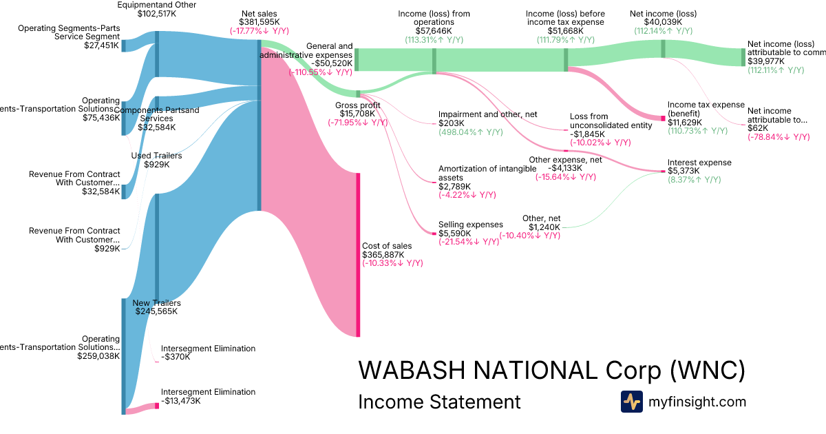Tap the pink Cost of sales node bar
pos(358,255)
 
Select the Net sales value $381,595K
pos(261,22)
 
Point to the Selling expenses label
pos(471,225)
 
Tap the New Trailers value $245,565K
pos(156,311)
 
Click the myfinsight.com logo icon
pos(631,402)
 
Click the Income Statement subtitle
pos(439,402)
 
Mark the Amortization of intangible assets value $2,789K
pos(455,186)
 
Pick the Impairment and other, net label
pos(487,114)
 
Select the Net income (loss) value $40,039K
pos(663,22)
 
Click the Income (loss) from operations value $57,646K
pos(434,31)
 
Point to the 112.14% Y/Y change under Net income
pos(663,31)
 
